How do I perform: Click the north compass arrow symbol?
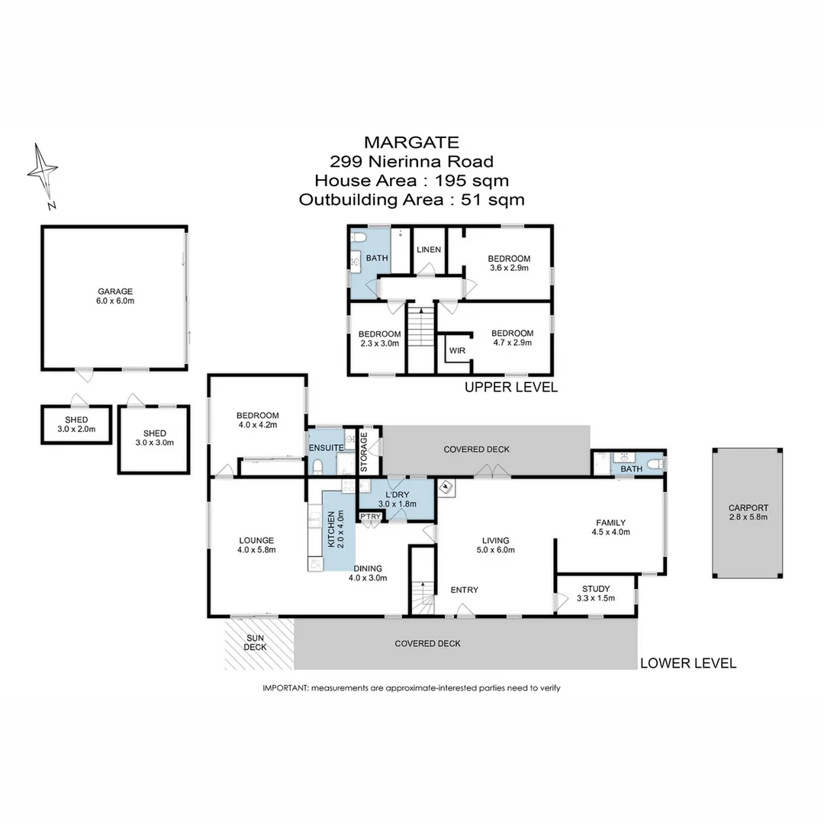point(43,172)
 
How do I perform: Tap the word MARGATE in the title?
point(411,142)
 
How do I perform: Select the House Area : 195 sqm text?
point(411,181)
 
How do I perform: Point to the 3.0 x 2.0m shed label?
point(76,425)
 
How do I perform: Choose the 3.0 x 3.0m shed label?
point(155,438)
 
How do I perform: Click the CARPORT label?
point(748,512)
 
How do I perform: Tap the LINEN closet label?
point(428,249)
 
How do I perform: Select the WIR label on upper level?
point(458,351)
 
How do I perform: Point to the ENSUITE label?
point(324,447)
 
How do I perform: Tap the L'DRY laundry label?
point(396,497)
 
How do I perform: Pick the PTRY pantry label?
point(371,517)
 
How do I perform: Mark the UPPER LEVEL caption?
point(511,387)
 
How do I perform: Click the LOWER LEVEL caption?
point(688,663)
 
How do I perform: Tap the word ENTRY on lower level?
point(465,590)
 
